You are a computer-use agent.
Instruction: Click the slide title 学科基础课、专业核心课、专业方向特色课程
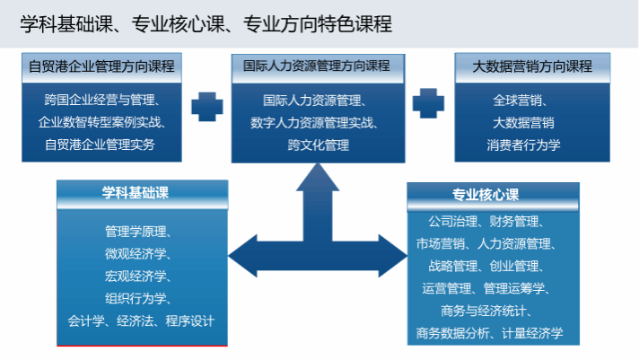tap(206, 24)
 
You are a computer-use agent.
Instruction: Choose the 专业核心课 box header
tap(486, 195)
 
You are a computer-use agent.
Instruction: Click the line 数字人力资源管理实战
tap(318, 122)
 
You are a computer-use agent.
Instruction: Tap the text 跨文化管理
tap(318, 144)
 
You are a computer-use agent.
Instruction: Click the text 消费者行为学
tap(524, 144)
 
